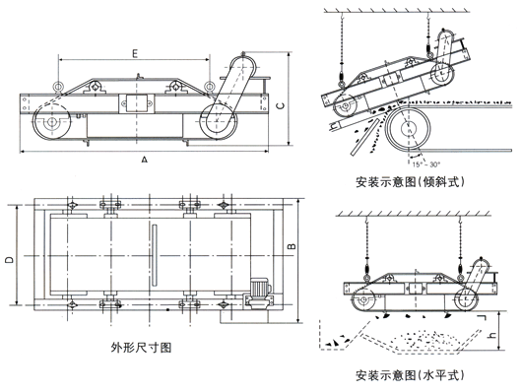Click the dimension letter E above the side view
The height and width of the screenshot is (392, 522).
135,53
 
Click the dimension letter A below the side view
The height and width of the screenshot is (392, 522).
144,160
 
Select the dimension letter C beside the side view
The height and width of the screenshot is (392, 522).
281,106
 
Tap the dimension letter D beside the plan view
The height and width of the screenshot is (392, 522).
10,259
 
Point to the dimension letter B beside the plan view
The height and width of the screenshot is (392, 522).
292,246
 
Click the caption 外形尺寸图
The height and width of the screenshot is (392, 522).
141,348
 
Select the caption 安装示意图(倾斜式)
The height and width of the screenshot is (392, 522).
410,182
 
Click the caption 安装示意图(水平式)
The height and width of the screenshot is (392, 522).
410,375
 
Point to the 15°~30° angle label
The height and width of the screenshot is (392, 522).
426,164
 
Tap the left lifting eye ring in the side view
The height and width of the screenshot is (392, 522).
58,87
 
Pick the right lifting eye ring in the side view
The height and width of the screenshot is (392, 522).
209,87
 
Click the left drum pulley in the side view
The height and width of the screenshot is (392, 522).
51,122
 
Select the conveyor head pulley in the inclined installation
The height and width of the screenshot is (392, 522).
410,128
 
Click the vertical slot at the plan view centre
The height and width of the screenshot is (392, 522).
154,255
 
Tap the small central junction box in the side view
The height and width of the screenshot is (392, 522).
136,102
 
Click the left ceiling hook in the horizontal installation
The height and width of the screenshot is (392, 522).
366,221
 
